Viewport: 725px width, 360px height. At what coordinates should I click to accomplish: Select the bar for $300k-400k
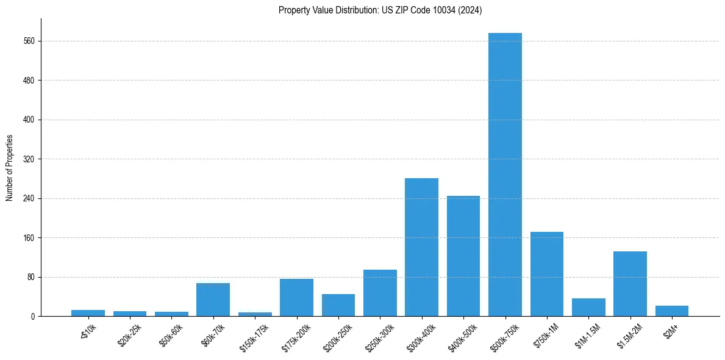(421, 247)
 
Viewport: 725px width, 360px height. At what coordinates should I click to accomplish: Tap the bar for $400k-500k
(463, 256)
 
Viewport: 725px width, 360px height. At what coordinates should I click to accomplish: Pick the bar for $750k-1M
(547, 274)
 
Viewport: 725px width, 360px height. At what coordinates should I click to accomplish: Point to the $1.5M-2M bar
(630, 284)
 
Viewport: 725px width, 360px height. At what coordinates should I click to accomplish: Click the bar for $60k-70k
(213, 300)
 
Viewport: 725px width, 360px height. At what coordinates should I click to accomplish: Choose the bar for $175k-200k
(296, 298)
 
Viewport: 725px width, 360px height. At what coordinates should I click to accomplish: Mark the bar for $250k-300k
(380, 293)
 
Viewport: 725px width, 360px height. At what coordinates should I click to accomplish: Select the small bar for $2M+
(672, 311)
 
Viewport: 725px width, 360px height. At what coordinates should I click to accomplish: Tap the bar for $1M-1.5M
(588, 308)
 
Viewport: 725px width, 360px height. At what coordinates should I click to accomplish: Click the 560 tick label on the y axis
(29, 41)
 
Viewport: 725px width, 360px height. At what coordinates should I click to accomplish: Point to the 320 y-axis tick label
(29, 159)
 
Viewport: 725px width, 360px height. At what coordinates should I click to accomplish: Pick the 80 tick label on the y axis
(31, 277)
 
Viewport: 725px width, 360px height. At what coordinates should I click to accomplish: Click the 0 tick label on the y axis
(33, 317)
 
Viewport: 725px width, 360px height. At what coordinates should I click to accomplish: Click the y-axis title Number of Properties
(9, 168)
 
